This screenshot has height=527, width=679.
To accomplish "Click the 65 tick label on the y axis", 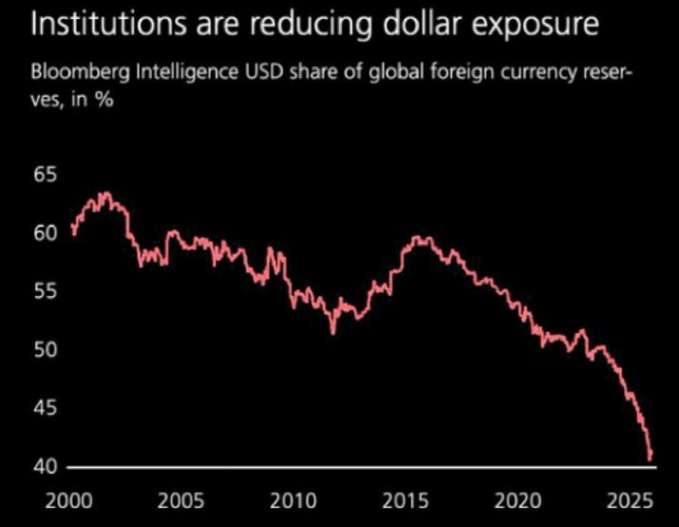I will (45, 175).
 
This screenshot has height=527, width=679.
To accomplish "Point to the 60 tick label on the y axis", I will (45, 233).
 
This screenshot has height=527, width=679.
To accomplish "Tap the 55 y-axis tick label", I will (45, 292).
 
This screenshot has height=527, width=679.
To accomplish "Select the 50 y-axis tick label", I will (45, 350).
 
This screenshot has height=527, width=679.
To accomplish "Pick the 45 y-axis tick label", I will (45, 409).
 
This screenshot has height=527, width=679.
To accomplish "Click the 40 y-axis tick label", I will (45, 467).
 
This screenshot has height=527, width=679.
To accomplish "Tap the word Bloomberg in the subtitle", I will (77, 72).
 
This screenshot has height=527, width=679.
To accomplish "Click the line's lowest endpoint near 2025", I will (651, 459).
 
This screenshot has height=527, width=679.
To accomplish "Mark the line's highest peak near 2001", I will (104, 194).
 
